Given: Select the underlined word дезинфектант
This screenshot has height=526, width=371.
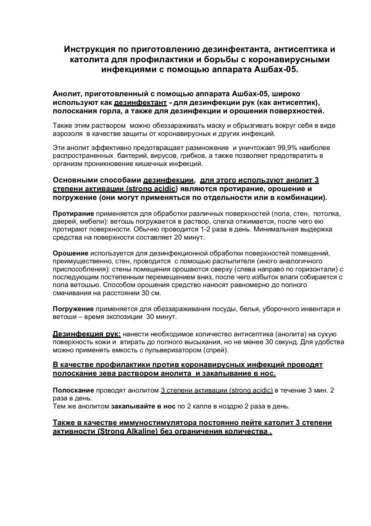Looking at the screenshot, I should [140, 102].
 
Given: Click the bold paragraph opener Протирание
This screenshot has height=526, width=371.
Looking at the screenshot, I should [74, 214].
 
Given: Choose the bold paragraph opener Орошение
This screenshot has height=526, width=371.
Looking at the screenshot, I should [71, 253].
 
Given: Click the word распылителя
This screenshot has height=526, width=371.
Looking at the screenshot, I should [225, 261].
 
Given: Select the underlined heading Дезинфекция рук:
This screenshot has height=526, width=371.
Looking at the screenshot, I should [87, 334].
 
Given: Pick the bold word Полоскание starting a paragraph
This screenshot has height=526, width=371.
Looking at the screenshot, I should [74, 390].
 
